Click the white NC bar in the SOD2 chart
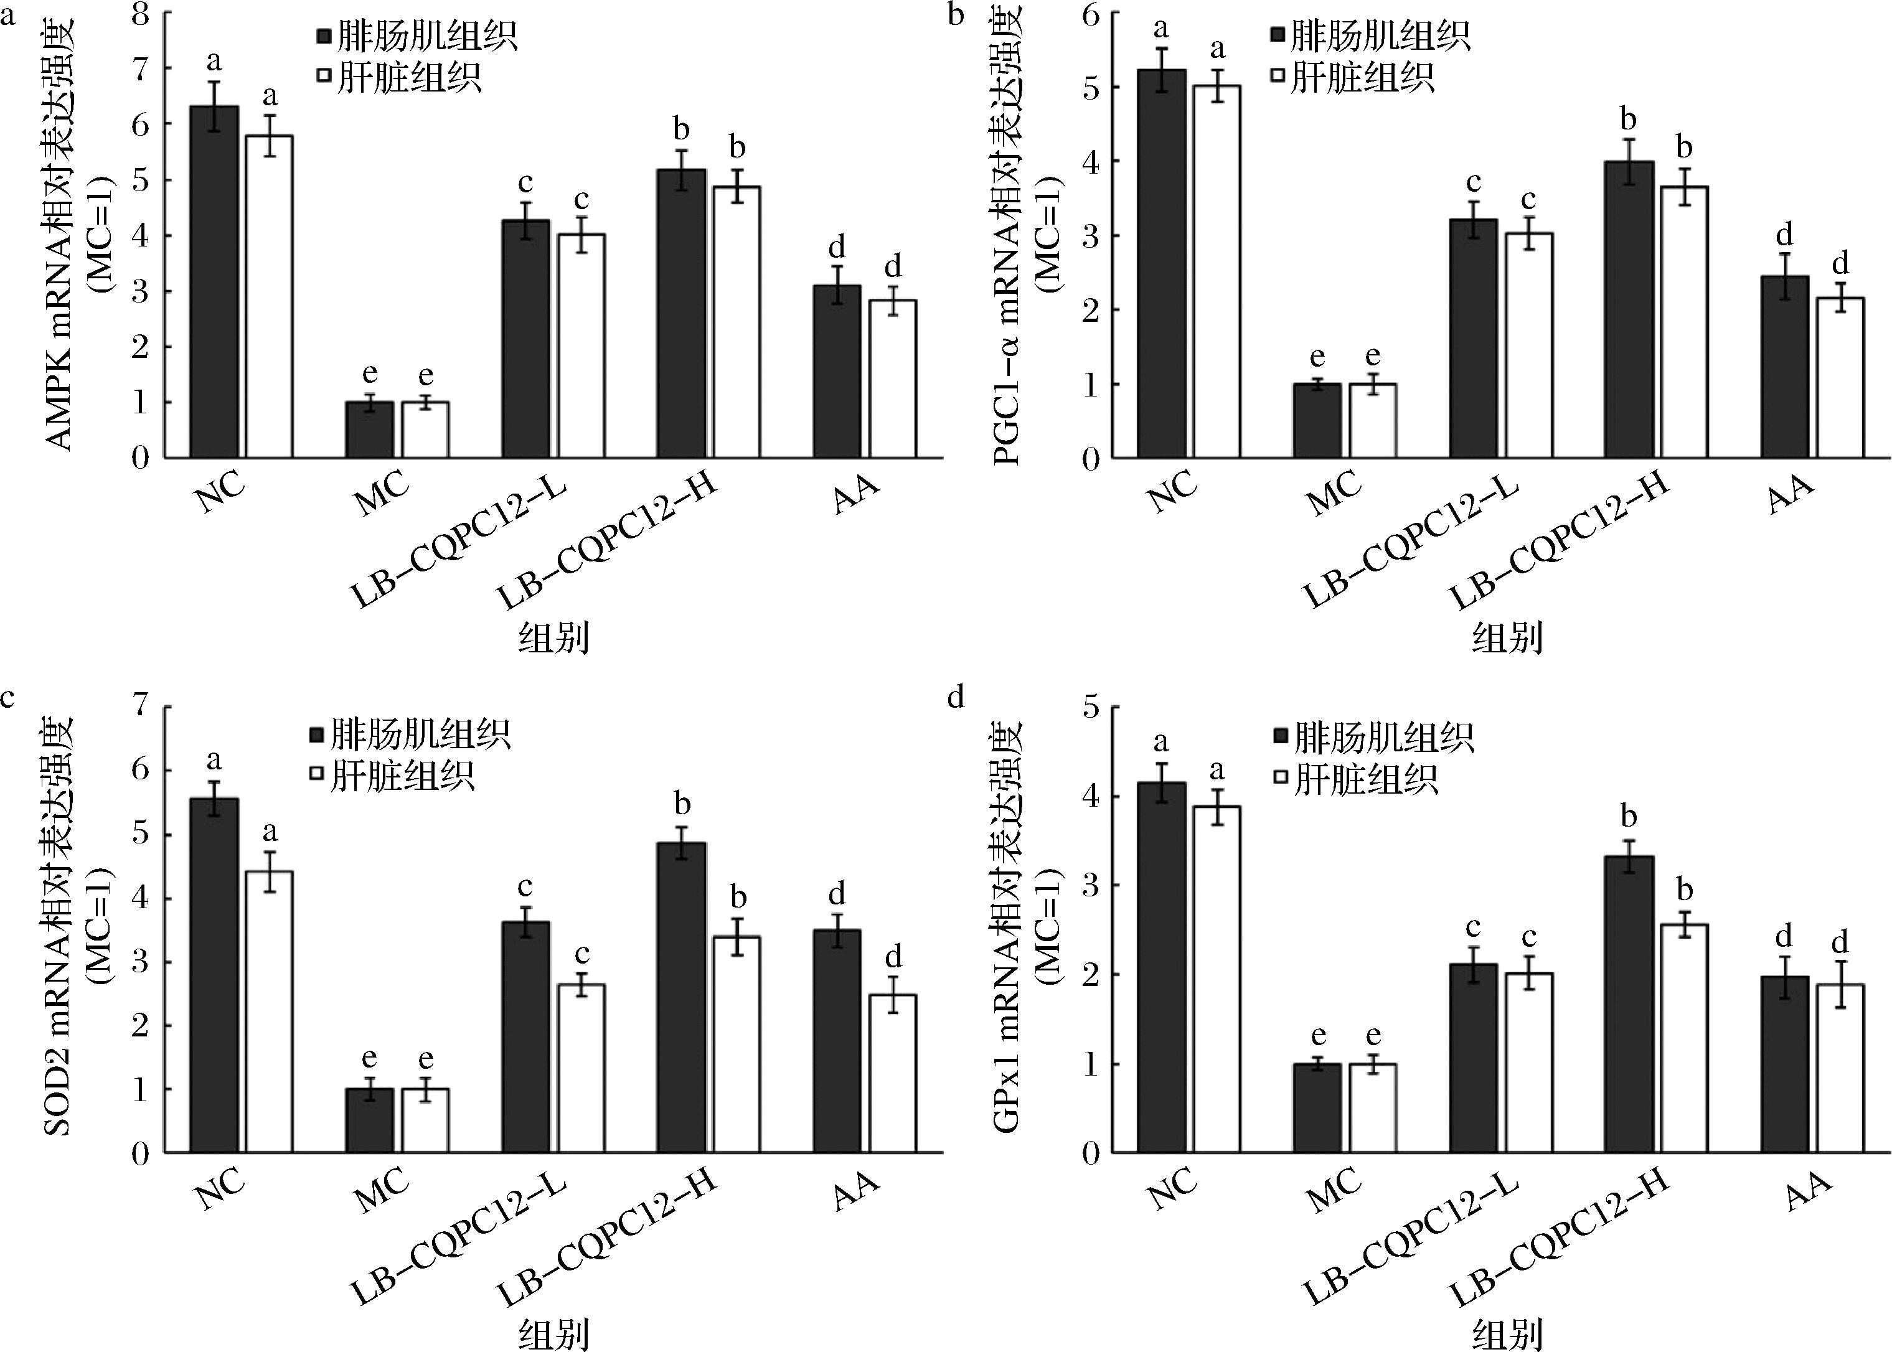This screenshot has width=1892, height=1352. (x=269, y=1011)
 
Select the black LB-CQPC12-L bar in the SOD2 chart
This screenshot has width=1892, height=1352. (x=525, y=1036)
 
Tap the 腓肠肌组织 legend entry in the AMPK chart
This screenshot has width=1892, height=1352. (x=417, y=37)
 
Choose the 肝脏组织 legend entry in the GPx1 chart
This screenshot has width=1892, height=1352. (x=1356, y=779)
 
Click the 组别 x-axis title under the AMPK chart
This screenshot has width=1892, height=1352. (x=553, y=639)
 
